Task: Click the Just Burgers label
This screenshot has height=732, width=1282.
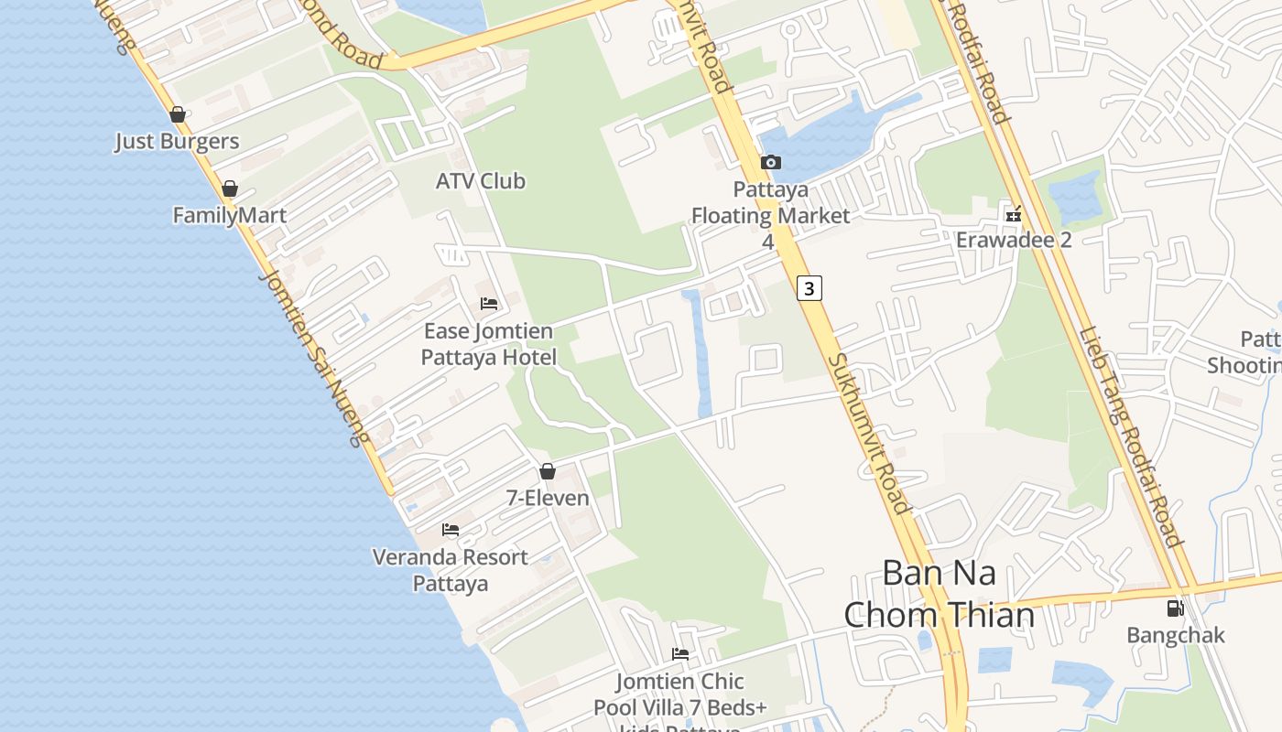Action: click(x=177, y=142)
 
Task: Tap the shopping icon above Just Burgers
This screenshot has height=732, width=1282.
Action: click(x=178, y=114)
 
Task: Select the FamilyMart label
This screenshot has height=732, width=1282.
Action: click(x=230, y=216)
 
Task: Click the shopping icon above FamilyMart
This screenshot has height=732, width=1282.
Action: click(x=230, y=188)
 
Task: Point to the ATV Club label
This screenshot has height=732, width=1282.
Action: click(x=481, y=181)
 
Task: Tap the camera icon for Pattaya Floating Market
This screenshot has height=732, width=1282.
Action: click(x=771, y=163)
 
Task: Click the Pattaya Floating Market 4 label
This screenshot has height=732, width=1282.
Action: click(x=770, y=215)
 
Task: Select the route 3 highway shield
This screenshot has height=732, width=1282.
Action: click(x=809, y=288)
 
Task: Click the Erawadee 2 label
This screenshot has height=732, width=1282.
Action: click(x=1014, y=240)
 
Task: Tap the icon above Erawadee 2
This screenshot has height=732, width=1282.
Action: click(x=1014, y=215)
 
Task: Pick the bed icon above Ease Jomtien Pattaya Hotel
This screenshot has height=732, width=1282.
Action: click(x=489, y=304)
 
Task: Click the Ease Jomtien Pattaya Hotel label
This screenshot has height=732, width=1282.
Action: click(x=488, y=344)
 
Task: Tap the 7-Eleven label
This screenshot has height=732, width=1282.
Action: click(x=548, y=499)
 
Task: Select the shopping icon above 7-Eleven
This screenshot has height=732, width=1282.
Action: click(x=548, y=472)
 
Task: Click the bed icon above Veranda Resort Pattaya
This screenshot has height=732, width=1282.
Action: click(x=451, y=530)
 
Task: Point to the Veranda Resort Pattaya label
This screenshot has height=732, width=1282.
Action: click(x=451, y=570)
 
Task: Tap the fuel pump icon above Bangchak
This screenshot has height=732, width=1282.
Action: click(x=1175, y=608)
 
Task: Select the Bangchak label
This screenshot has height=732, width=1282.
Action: click(x=1175, y=635)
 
